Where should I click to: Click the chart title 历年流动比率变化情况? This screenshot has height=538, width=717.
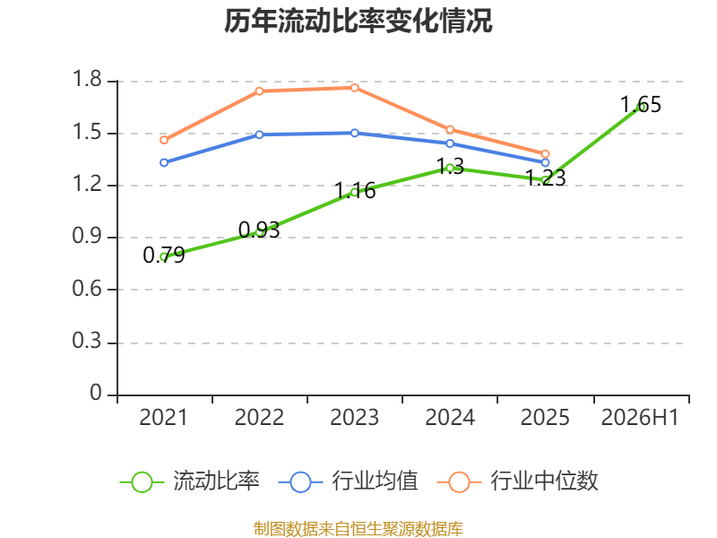point(358,21)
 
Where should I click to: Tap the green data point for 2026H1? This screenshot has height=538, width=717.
point(642,107)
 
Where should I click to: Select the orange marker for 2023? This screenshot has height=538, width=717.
point(355,88)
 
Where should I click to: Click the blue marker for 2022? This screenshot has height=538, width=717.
point(259,134)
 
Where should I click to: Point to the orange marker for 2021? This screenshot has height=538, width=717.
point(164,140)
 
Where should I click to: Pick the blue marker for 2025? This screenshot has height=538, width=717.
point(545,162)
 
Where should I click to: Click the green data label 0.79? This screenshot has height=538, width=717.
point(164,256)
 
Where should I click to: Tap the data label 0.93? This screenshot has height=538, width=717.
point(259,230)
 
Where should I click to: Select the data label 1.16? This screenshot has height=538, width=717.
point(355,191)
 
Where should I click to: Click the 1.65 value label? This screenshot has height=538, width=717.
point(641,105)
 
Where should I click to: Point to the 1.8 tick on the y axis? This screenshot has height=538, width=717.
point(87,79)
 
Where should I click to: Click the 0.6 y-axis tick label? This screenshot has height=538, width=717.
point(87,289)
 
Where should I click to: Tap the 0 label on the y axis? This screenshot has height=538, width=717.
point(96,393)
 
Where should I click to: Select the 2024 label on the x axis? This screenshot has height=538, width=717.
point(450,418)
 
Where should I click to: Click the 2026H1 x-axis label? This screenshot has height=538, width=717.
point(640,418)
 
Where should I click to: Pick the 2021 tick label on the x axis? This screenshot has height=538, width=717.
point(164,418)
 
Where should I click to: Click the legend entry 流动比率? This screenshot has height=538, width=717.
point(189,482)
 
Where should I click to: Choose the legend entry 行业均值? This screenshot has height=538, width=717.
point(348,482)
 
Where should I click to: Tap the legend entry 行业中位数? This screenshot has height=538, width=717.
point(518,482)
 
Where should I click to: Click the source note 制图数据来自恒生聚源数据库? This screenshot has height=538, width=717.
point(358,529)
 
